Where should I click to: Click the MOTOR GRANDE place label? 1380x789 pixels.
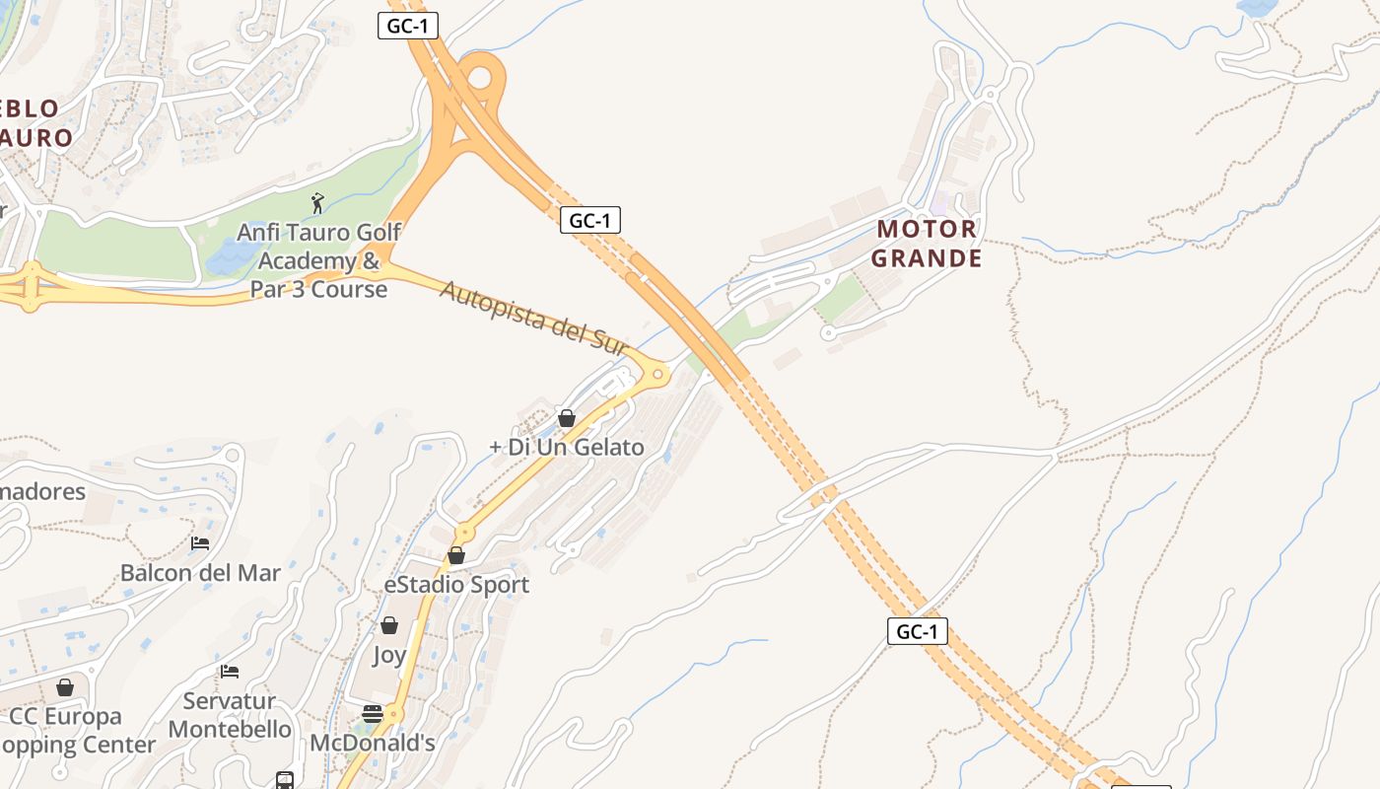pos(928,244)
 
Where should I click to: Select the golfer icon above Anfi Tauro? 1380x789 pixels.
pos(317,204)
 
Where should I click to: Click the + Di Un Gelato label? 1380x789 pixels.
pos(567,447)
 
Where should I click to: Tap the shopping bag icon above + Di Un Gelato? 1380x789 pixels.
pos(567,418)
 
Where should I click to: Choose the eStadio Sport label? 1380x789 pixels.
pos(456,585)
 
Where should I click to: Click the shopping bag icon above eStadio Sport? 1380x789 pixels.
pos(456,555)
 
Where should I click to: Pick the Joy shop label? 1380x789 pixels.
pos(389,655)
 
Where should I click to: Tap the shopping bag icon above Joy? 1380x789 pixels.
pos(389,625)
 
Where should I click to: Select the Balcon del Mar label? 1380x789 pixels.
pos(200,573)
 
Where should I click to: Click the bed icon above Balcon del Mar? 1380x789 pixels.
pos(200,543)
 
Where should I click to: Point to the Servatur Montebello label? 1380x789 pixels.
pos(230,715)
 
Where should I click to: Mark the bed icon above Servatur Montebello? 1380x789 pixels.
pos(230,672)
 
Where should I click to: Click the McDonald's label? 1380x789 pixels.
pos(373,743)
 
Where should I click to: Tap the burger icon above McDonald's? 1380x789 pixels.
pos(373,714)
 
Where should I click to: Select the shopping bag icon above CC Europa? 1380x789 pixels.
pos(65,687)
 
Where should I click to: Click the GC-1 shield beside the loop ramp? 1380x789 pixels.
pos(407,26)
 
